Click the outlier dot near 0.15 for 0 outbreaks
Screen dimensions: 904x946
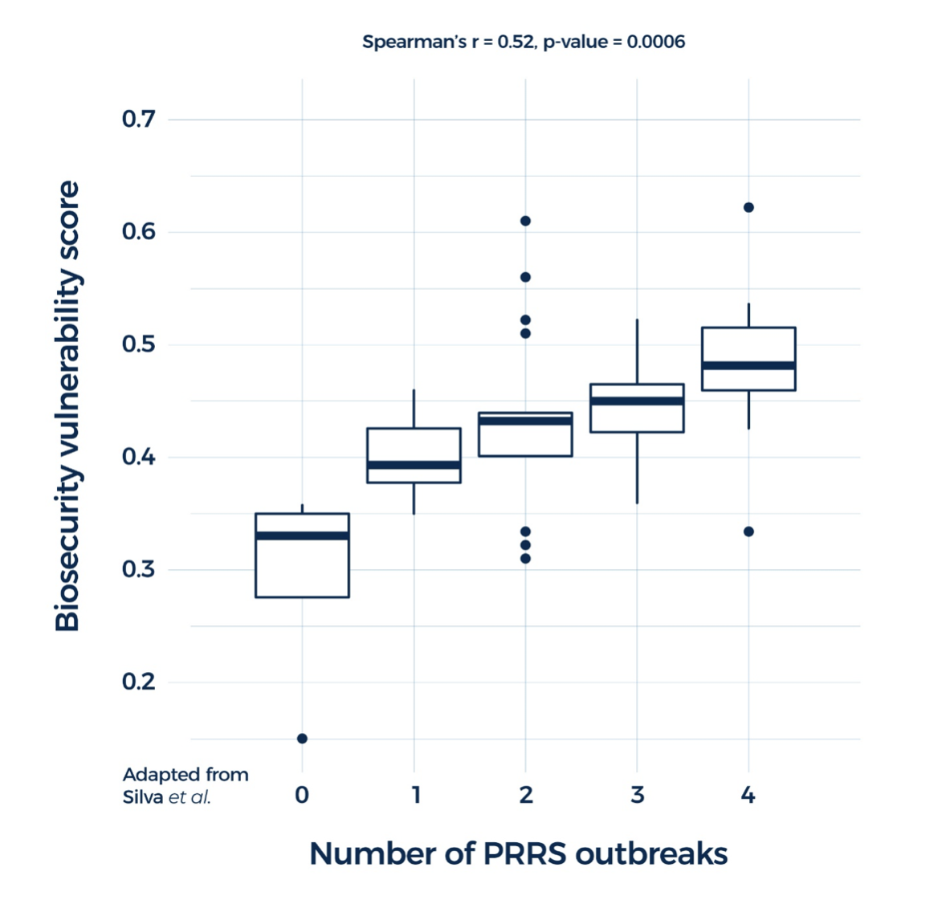click(302, 739)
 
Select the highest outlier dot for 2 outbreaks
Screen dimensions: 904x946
click(525, 221)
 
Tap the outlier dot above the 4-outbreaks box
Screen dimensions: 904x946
click(748, 207)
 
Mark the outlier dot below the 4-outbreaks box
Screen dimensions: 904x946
click(748, 531)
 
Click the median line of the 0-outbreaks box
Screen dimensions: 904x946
click(302, 535)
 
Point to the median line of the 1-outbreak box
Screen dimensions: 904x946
click(414, 465)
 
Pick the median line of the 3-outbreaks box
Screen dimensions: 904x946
click(637, 401)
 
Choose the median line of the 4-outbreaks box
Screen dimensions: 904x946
click(748, 365)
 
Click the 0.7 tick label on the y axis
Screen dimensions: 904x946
click(138, 119)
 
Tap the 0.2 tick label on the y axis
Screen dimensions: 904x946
click(138, 682)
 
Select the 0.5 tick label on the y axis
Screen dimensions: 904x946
click(138, 344)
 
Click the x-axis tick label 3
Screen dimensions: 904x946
click(637, 795)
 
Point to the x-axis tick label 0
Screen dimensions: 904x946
click(302, 795)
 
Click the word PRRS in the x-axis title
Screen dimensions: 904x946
click(525, 853)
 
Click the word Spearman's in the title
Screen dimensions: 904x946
click(414, 42)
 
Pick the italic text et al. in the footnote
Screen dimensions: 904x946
click(190, 797)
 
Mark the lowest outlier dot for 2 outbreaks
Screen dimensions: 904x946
click(525, 558)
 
